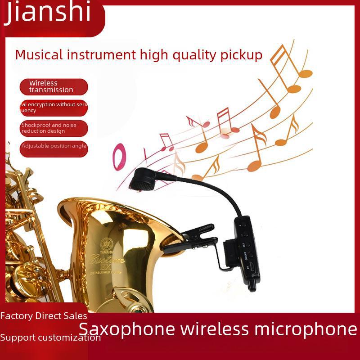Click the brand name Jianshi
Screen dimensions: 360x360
point(48,13)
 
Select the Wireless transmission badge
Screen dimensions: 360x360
point(53,86)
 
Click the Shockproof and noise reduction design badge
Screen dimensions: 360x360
point(53,128)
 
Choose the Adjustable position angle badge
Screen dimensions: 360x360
point(53,147)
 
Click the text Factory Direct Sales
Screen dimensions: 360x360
point(44,316)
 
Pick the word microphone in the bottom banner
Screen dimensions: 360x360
point(306,329)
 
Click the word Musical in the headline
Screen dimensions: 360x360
point(39,55)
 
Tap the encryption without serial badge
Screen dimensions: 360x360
point(53,108)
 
